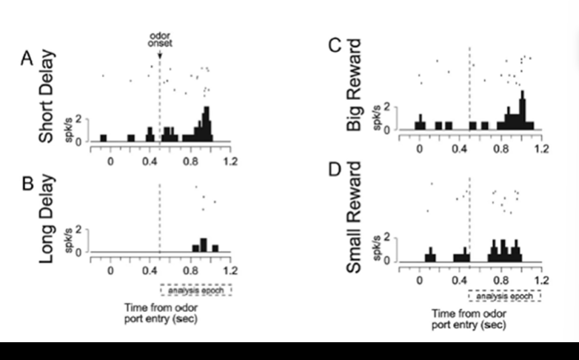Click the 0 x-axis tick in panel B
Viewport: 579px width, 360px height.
pos(110,270)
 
